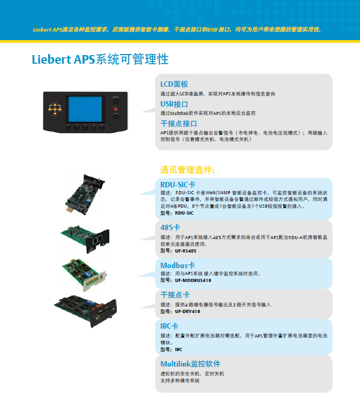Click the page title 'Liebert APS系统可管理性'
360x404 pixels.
[x=100, y=59]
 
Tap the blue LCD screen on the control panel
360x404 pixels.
[x=85, y=109]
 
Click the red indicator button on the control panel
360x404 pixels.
[x=115, y=110]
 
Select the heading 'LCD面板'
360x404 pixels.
[x=174, y=84]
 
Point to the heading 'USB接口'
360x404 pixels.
[x=174, y=104]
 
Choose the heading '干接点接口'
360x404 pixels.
[x=178, y=124]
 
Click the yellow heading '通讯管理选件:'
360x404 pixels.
[x=187, y=170]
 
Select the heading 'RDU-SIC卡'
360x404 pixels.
[x=178, y=185]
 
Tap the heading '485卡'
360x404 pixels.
[x=170, y=227]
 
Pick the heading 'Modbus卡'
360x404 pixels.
[x=177, y=265]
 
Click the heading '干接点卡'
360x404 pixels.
[x=175, y=295]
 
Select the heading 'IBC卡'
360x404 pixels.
[x=169, y=326]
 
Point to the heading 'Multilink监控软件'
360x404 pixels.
[x=190, y=364]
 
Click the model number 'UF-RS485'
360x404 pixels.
[x=185, y=251]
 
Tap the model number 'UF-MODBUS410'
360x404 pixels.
[x=193, y=280]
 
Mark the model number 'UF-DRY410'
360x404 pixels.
[x=187, y=311]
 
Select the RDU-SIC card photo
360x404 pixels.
[x=85, y=195]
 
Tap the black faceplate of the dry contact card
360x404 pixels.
[x=104, y=314]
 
